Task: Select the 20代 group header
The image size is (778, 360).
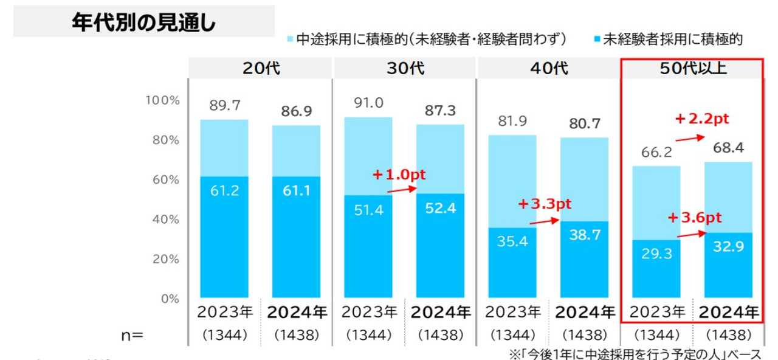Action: [x=261, y=68]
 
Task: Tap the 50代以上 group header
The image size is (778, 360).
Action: [x=693, y=68]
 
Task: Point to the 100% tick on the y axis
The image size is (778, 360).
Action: [x=162, y=100]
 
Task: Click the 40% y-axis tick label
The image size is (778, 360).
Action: [x=165, y=219]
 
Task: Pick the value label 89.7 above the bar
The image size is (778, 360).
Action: [x=224, y=106]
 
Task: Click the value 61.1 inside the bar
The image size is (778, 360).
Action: [x=296, y=191]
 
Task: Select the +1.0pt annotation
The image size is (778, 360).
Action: [x=399, y=175]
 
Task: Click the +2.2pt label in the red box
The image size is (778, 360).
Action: [x=701, y=119]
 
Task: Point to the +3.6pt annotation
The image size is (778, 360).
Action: [x=694, y=218]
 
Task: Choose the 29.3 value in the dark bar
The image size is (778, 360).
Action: [x=656, y=254]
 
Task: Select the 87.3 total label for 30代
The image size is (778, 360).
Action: [x=441, y=111]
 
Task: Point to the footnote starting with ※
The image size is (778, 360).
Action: [x=634, y=353]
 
